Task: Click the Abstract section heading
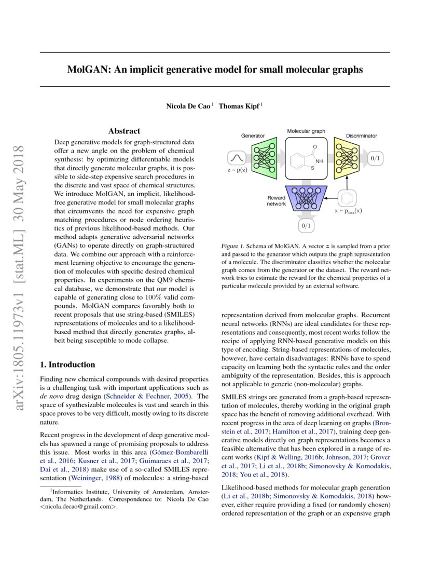click(x=124, y=131)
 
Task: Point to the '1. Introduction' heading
click(x=68, y=364)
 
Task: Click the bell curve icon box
click(x=236, y=157)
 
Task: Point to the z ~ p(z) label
click(x=237, y=170)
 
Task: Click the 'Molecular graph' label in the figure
click(x=306, y=131)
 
